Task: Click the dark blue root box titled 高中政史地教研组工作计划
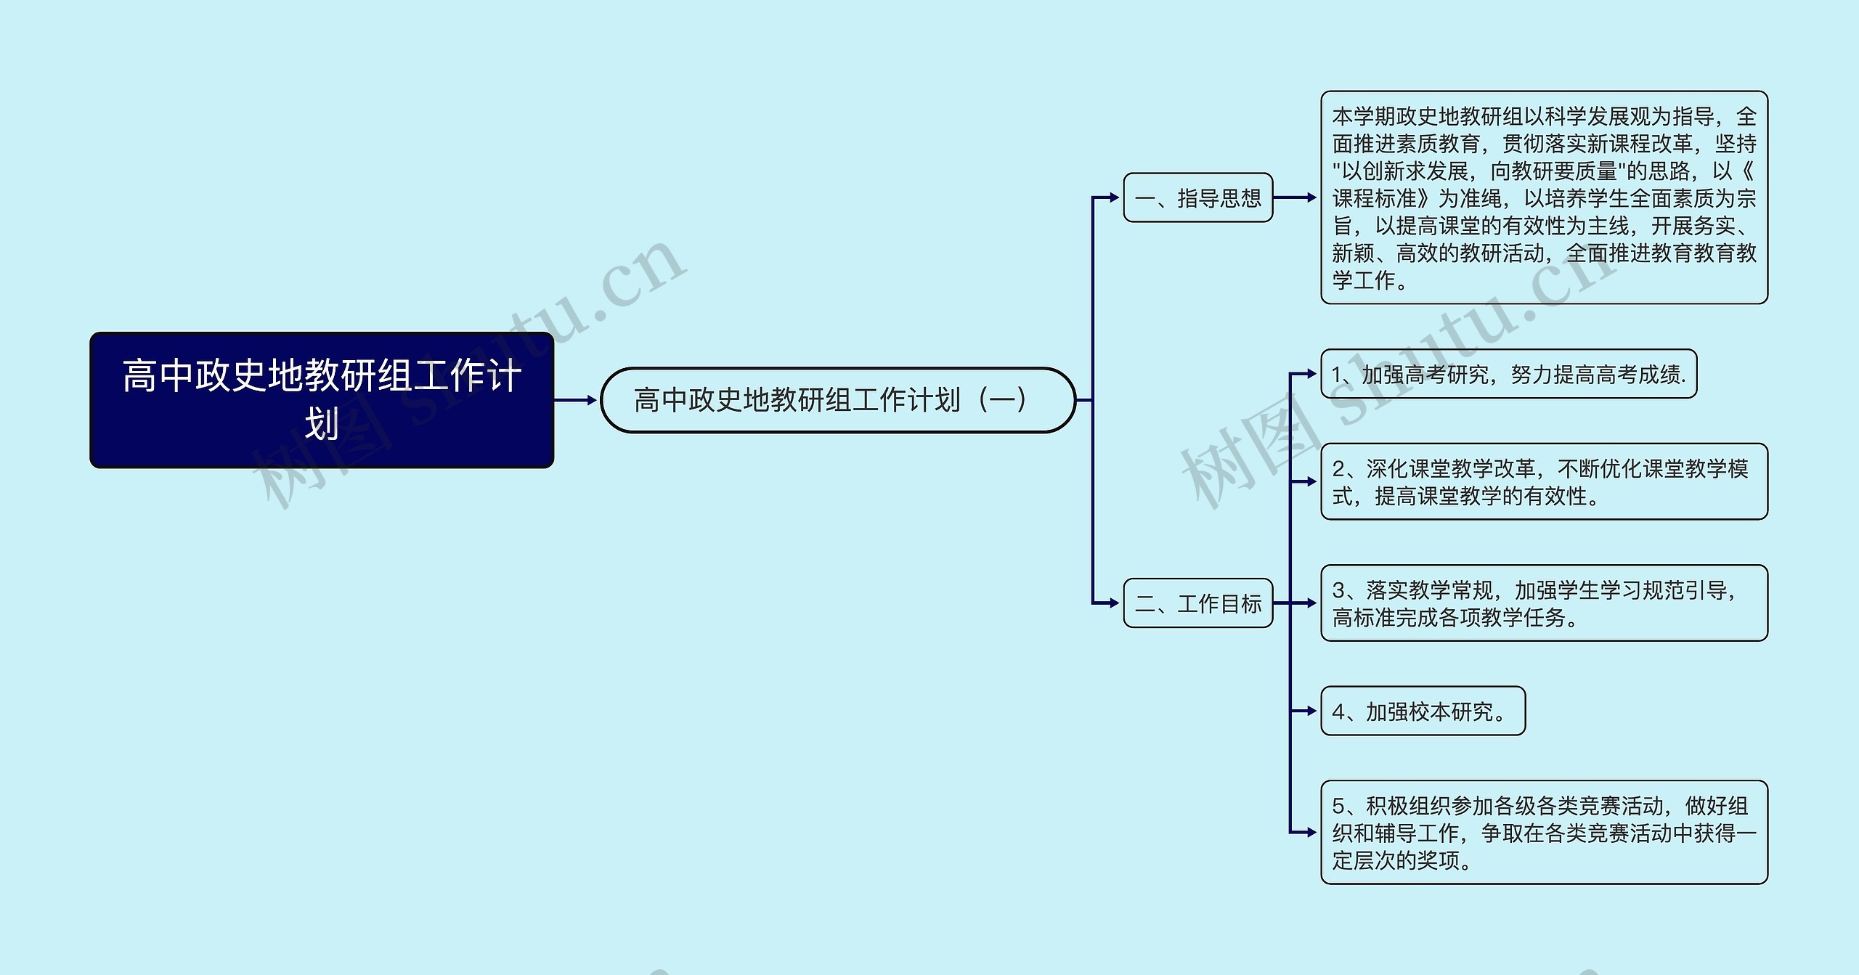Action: click(322, 400)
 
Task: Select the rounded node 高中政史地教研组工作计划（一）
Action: click(838, 400)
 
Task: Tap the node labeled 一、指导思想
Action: click(1198, 197)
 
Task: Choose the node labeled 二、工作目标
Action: click(1198, 603)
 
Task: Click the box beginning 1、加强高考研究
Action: click(1509, 374)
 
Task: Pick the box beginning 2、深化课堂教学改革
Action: click(1545, 481)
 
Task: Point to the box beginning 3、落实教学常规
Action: click(1545, 603)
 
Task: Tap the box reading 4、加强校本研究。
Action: click(1423, 711)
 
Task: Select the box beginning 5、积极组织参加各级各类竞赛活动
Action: click(1545, 832)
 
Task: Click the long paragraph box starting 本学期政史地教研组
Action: click(1545, 197)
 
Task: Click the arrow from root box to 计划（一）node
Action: click(575, 400)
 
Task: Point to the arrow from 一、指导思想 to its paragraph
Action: click(1295, 197)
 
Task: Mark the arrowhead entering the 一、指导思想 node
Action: click(1115, 197)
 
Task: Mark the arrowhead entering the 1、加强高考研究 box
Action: click(1312, 374)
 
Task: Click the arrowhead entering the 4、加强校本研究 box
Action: click(1312, 711)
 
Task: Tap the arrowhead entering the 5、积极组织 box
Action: click(1312, 832)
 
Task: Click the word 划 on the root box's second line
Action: click(322, 424)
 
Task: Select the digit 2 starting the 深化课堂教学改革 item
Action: click(1339, 469)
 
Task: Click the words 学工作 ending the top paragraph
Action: click(1364, 280)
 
